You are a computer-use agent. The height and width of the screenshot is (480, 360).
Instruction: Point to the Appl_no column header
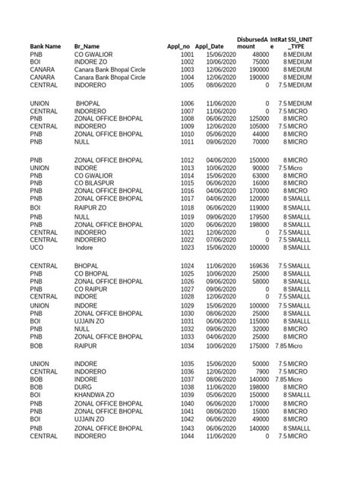tap(179, 46)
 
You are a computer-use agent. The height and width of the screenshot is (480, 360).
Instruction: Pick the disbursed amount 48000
tap(260, 55)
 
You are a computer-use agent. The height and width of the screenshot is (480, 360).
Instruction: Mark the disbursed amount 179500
tap(257, 216)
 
